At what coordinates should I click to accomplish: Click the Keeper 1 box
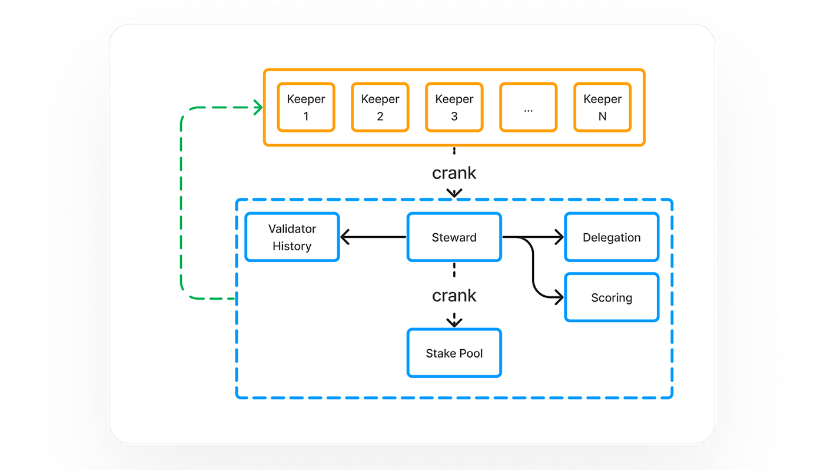[306, 107]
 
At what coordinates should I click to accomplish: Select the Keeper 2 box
[380, 107]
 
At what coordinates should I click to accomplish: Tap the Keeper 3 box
[454, 107]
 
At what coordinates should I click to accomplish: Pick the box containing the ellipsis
[528, 107]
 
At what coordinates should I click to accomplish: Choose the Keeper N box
[602, 107]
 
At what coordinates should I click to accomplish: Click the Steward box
[454, 237]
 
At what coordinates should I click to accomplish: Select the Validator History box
[292, 237]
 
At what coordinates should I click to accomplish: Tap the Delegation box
[612, 237]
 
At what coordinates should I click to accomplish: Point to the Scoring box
[612, 297]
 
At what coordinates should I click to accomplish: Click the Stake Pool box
[454, 353]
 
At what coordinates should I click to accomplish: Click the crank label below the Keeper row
[454, 173]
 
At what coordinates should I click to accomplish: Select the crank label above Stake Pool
[454, 295]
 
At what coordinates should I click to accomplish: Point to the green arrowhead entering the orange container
[258, 107]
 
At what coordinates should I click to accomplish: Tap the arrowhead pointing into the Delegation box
[559, 237]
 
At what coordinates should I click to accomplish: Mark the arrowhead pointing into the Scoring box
[559, 298]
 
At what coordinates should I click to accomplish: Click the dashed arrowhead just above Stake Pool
[454, 322]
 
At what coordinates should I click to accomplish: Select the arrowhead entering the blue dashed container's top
[454, 193]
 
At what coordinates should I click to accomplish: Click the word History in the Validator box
[292, 246]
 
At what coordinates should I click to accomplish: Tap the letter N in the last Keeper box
[602, 117]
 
